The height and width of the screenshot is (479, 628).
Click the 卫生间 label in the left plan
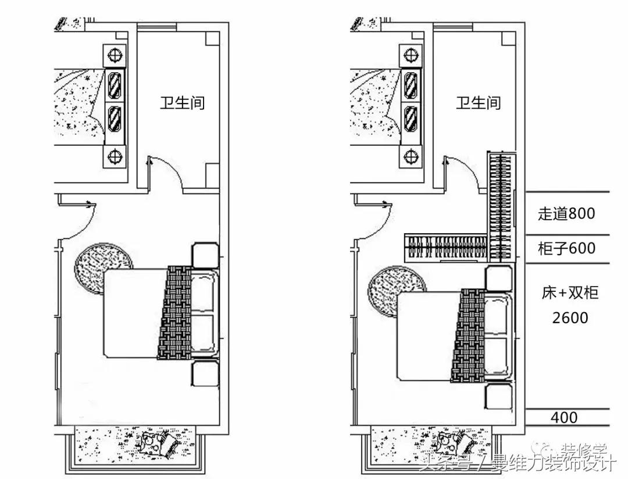click(183, 103)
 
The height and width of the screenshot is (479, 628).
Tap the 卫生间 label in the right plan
click(478, 103)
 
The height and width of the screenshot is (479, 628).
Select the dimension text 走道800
click(566, 214)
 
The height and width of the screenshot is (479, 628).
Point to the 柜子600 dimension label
click(566, 249)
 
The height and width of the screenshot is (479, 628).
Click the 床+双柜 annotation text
click(570, 293)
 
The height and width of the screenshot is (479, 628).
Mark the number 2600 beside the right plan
click(570, 318)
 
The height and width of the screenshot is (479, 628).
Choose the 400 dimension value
click(563, 417)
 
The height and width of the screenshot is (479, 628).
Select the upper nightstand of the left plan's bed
click(205, 255)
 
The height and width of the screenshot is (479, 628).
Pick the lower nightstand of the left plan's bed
click(205, 373)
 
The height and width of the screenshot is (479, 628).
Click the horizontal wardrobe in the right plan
click(445, 248)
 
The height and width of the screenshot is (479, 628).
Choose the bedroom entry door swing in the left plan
click(76, 220)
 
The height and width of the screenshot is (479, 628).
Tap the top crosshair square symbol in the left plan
click(115, 56)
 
